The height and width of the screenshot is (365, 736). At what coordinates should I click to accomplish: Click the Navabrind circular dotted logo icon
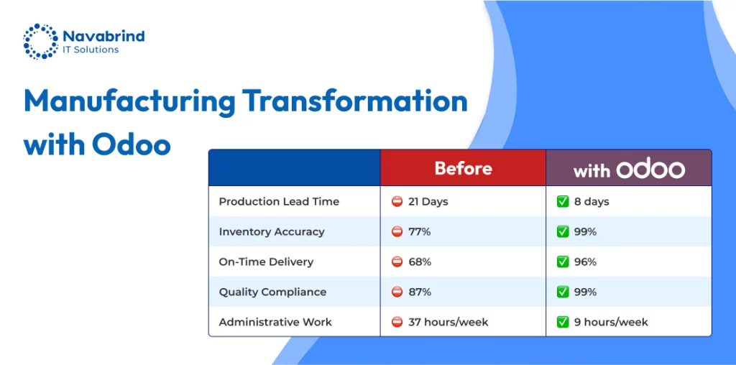40,41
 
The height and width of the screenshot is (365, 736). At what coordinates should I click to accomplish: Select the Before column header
464,168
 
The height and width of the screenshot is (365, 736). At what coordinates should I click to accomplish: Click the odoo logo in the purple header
650,169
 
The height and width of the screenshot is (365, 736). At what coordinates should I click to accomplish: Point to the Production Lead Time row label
279,202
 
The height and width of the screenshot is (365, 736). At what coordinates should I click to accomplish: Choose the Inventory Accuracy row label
271,232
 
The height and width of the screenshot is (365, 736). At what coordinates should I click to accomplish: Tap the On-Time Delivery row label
266,262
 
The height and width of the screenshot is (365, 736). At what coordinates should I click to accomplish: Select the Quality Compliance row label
272,292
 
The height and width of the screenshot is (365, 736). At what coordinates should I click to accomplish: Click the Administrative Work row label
275,323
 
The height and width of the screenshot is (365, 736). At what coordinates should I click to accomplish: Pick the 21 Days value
428,202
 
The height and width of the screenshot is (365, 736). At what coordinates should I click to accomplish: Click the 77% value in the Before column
419,232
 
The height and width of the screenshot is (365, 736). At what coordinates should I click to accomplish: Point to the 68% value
419,262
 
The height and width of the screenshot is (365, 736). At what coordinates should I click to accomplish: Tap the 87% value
419,292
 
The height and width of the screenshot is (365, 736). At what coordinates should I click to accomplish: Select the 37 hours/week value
448,323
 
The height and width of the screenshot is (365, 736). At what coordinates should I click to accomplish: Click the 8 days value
592,202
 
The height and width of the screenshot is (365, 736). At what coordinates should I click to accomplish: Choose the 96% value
585,262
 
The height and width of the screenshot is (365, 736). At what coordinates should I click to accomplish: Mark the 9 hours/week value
611,323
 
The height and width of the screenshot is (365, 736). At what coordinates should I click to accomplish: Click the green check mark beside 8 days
562,202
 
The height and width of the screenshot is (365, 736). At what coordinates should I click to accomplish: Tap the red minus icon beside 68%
397,262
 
